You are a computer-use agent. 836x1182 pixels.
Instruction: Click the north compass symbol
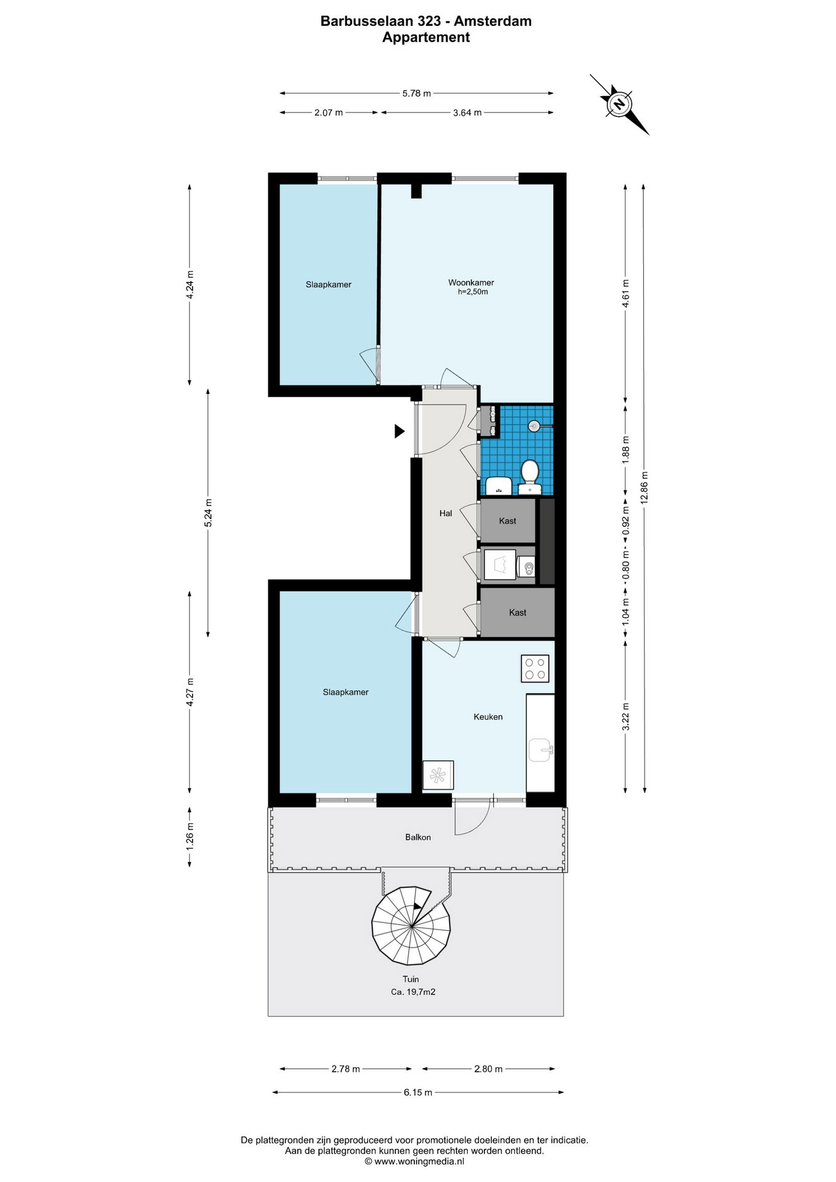point(619,103)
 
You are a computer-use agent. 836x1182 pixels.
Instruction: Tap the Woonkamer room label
point(471,283)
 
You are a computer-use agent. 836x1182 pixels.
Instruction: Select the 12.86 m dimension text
point(645,488)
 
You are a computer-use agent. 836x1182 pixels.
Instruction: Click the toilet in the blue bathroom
point(529,478)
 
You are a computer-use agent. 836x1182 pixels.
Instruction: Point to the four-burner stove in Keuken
point(535,669)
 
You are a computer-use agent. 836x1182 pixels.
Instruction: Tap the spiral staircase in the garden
point(411,925)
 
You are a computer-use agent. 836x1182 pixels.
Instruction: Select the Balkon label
point(418,837)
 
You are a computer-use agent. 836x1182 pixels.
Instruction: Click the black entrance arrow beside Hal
point(400,432)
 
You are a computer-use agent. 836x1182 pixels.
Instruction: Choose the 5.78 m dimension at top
point(417,94)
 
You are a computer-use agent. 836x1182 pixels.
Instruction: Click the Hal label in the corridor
point(446,513)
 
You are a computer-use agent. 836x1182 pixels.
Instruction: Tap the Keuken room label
point(488,717)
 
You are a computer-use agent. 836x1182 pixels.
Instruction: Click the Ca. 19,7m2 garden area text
point(413,992)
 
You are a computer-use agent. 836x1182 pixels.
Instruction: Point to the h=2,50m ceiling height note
point(473,292)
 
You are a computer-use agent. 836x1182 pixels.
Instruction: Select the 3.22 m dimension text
point(626,717)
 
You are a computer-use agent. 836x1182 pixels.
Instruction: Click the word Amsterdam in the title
point(492,21)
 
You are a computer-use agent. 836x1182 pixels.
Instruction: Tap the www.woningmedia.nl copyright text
point(414,1162)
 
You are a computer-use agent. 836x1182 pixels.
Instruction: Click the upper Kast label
point(507,521)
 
